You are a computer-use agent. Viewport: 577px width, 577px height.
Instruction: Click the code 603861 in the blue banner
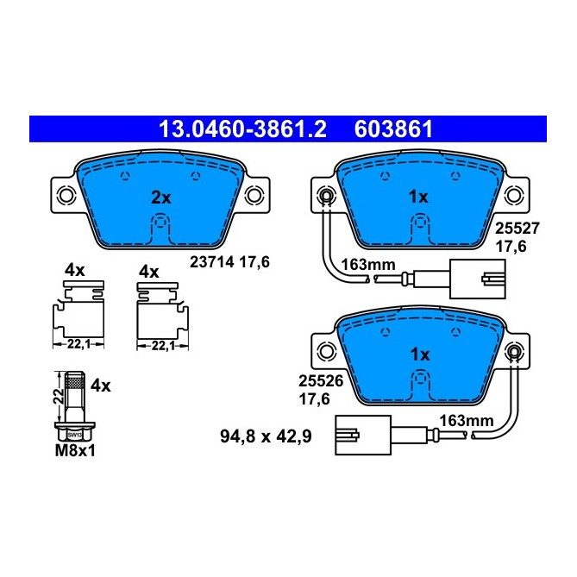393,129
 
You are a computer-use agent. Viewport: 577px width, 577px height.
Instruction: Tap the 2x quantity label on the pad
160,198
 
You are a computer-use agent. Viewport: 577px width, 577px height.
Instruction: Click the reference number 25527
510,229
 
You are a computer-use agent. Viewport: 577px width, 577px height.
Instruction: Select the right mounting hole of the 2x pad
254,196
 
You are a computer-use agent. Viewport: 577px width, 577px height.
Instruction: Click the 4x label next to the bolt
101,386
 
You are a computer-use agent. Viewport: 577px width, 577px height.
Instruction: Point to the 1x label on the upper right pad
417,198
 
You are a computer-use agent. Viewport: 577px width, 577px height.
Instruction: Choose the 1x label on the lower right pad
419,354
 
